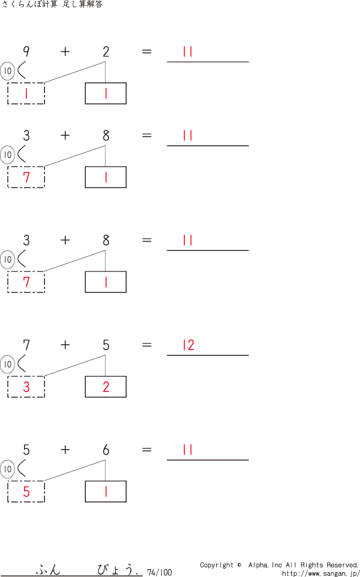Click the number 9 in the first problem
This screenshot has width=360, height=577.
26,52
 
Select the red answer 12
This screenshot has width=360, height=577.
188,345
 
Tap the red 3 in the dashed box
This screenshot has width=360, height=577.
26,387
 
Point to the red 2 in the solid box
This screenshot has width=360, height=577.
106,387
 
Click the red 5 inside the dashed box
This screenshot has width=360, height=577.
26,492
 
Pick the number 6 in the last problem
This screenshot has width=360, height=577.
106,450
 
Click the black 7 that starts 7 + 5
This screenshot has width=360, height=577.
26,345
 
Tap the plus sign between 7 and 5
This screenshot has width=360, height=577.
65,345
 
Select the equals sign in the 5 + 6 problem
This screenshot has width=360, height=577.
147,450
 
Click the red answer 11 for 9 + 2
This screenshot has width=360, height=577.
188,52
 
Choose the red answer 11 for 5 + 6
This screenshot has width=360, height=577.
188,450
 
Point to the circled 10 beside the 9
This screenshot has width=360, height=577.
8,71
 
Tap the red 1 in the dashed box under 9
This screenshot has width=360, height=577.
26,94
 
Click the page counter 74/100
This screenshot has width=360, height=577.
159,572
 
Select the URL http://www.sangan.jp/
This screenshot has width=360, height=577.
320,573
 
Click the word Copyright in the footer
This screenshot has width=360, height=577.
216,565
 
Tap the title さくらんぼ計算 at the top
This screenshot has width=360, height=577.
30,5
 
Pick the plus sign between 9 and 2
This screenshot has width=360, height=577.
65,52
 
